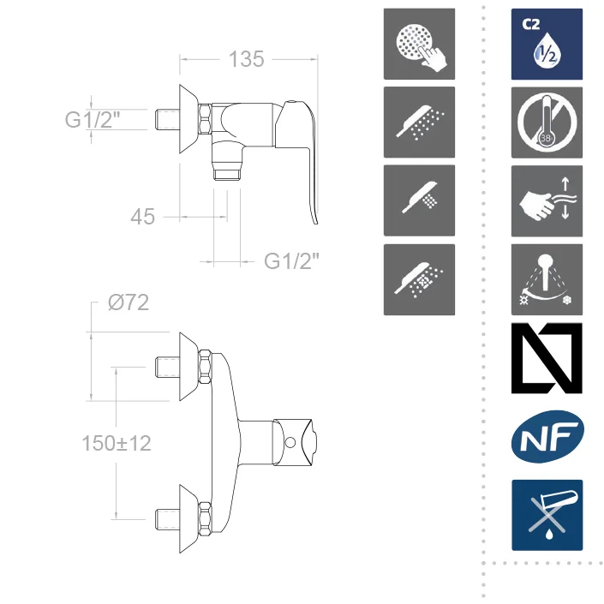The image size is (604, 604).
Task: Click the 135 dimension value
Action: click(x=247, y=59)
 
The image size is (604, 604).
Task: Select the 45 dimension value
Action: click(x=142, y=217)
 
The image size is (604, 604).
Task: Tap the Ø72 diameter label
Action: click(x=129, y=302)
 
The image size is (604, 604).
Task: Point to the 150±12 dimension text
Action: click(x=117, y=443)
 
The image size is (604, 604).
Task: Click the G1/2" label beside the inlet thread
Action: click(x=93, y=119)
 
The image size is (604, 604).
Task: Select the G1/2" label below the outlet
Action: click(x=291, y=261)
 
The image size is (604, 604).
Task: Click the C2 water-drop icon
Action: click(x=547, y=45)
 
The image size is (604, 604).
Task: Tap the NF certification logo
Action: click(x=547, y=436)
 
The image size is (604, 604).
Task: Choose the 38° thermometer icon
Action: click(x=547, y=123)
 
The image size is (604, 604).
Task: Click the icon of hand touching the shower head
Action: click(x=419, y=44)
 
